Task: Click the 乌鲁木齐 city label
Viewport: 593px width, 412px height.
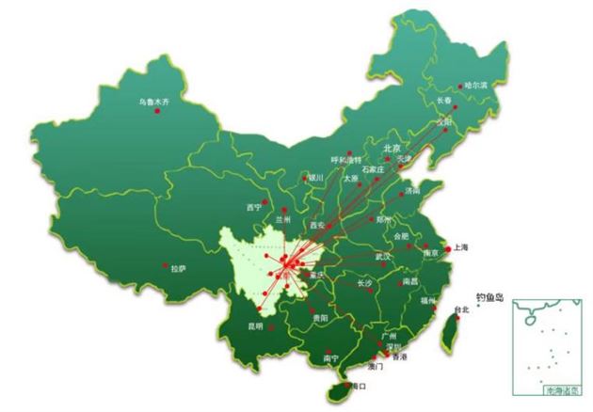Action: point(152,101)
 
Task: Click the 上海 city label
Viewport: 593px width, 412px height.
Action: point(461,247)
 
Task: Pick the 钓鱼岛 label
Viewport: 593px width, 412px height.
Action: point(490,298)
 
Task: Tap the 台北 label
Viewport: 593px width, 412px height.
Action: point(460,309)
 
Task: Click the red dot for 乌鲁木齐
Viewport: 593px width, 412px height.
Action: point(157,112)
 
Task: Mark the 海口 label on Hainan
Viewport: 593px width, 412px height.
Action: point(358,385)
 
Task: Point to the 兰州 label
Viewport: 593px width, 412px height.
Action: point(282,217)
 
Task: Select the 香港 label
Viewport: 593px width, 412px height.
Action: point(400,357)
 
